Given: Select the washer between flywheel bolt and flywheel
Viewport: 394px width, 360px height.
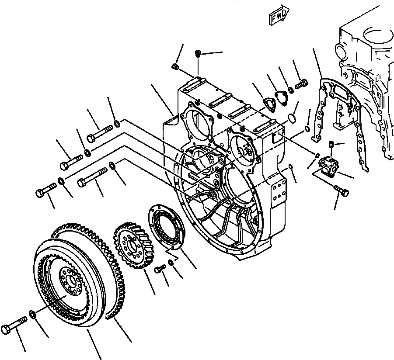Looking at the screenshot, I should pos(32,314).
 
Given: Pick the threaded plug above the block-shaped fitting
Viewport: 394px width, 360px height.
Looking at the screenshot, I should pos(331,145).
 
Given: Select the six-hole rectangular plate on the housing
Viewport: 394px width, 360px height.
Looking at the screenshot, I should pos(276,195).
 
